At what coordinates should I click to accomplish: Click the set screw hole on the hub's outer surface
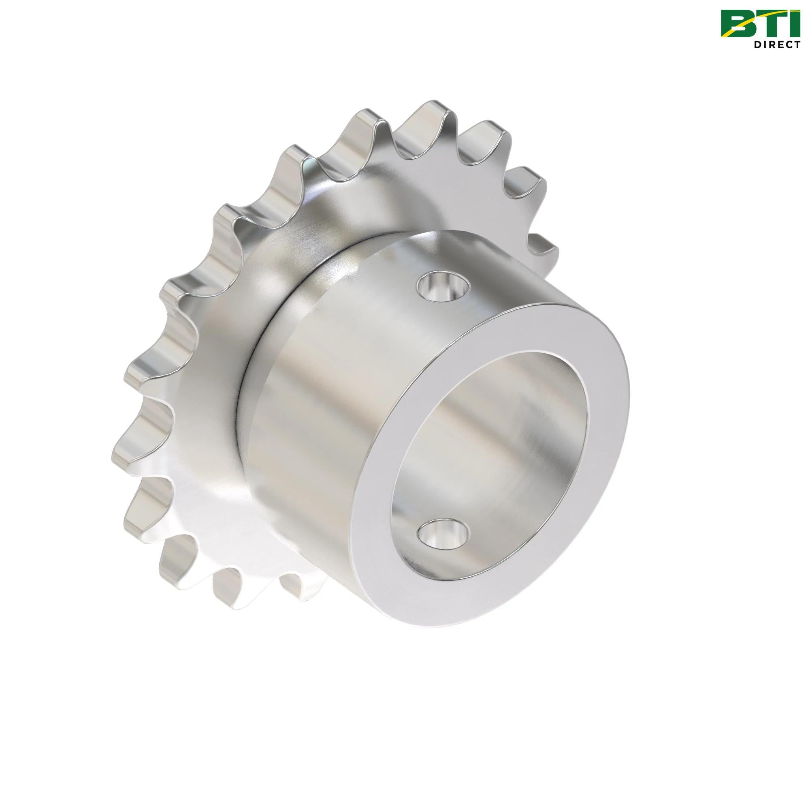pos(442,287)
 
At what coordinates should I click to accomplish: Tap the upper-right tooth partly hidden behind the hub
pos(545,247)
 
